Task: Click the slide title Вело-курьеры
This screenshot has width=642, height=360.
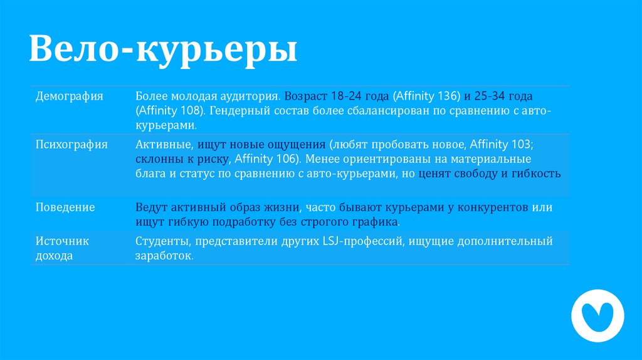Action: [x=163, y=50]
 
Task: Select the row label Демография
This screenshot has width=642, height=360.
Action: [x=69, y=97]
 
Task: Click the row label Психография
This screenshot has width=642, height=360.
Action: [x=71, y=145]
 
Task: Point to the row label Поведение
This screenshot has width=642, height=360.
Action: [x=65, y=207]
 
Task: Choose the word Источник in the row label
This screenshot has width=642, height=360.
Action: [x=62, y=241]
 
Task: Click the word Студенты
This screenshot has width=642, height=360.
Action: [x=162, y=241]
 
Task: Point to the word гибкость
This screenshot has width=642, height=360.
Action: [x=537, y=174]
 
